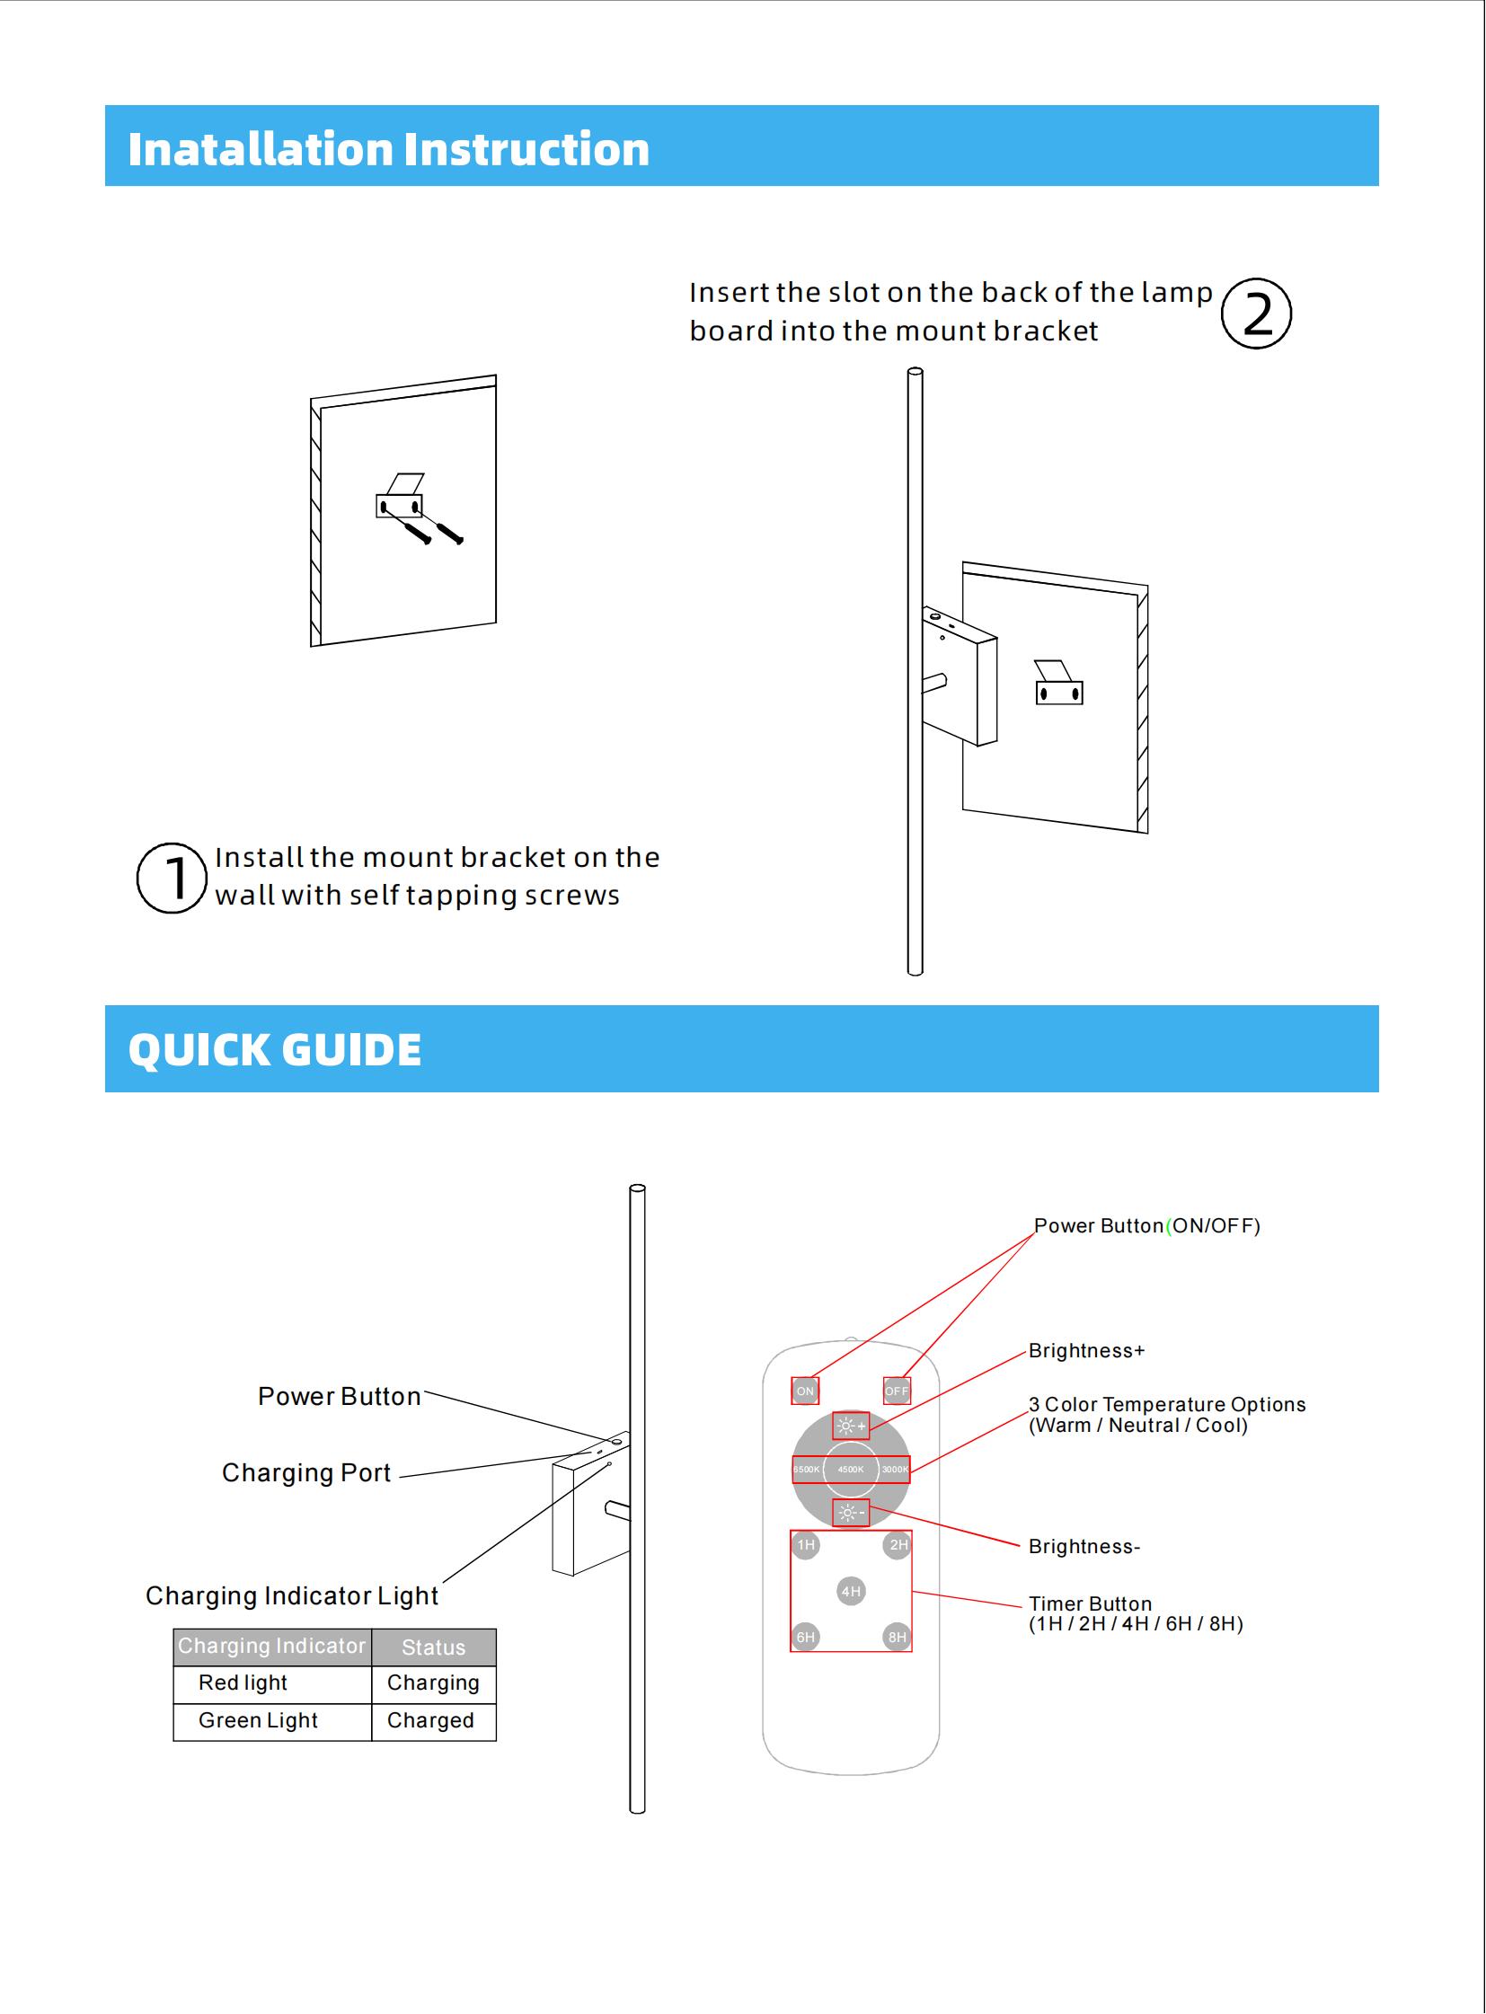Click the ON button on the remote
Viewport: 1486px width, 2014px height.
804,1391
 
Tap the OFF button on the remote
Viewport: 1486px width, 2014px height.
897,1391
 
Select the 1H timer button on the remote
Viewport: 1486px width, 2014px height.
805,1545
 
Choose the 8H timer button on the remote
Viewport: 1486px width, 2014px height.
897,1637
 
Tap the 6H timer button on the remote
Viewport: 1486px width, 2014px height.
805,1637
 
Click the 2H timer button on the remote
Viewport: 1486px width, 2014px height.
898,1545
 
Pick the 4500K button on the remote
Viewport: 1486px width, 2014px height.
850,1469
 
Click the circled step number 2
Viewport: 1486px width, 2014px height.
1256,314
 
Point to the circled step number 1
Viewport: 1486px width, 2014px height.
172,878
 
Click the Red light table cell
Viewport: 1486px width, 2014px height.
243,1683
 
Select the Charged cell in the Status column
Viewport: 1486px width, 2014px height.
430,1721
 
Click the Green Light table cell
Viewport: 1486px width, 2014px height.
258,1721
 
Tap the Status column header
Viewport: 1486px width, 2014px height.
433,1647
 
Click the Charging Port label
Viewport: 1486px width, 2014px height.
305,1472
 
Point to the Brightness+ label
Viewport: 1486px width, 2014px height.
1086,1350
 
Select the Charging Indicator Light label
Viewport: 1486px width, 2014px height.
291,1595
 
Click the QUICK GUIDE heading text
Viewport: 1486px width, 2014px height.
274,1050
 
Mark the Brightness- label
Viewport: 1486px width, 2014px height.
1084,1546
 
